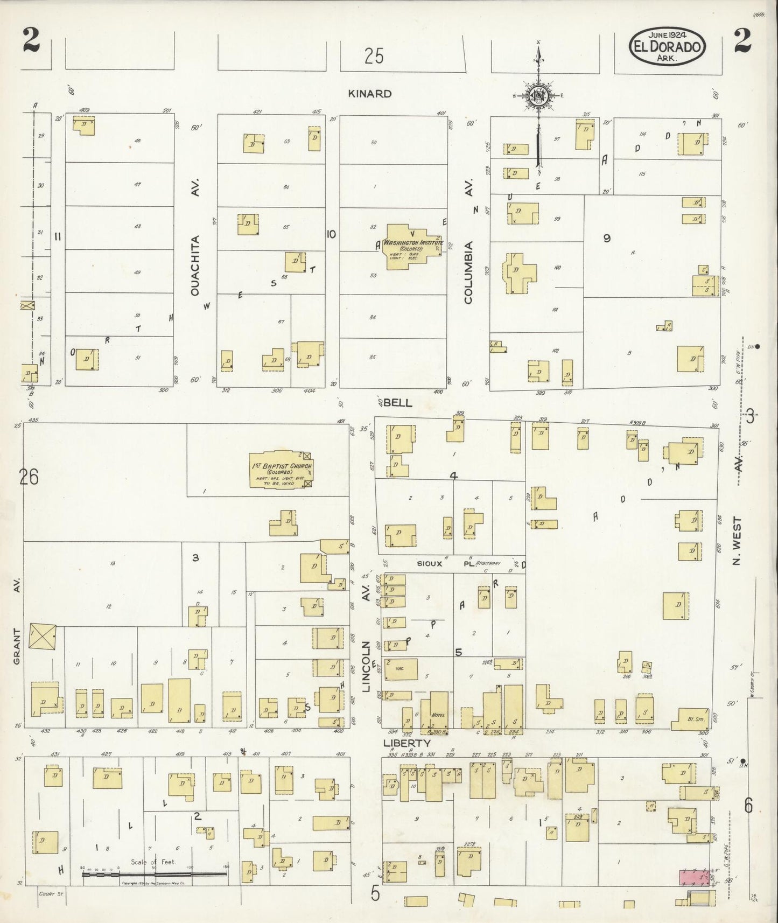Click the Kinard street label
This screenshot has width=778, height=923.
click(369, 94)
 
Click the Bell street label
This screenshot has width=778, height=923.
click(398, 403)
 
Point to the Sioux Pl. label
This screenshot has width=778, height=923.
click(441, 564)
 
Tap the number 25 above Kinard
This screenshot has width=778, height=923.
click(373, 55)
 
